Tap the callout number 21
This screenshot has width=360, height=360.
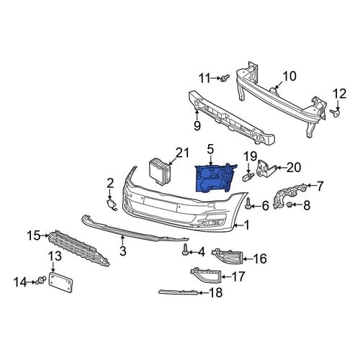click(182, 153)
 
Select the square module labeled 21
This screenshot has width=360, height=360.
click(160, 171)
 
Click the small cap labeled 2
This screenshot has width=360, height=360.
click(111, 204)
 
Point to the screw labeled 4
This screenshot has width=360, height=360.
click(185, 250)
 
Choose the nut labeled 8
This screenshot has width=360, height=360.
click(289, 204)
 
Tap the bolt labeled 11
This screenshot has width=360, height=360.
click(225, 78)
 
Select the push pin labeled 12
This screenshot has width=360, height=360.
click(336, 113)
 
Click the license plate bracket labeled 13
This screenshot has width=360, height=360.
click(61, 282)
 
